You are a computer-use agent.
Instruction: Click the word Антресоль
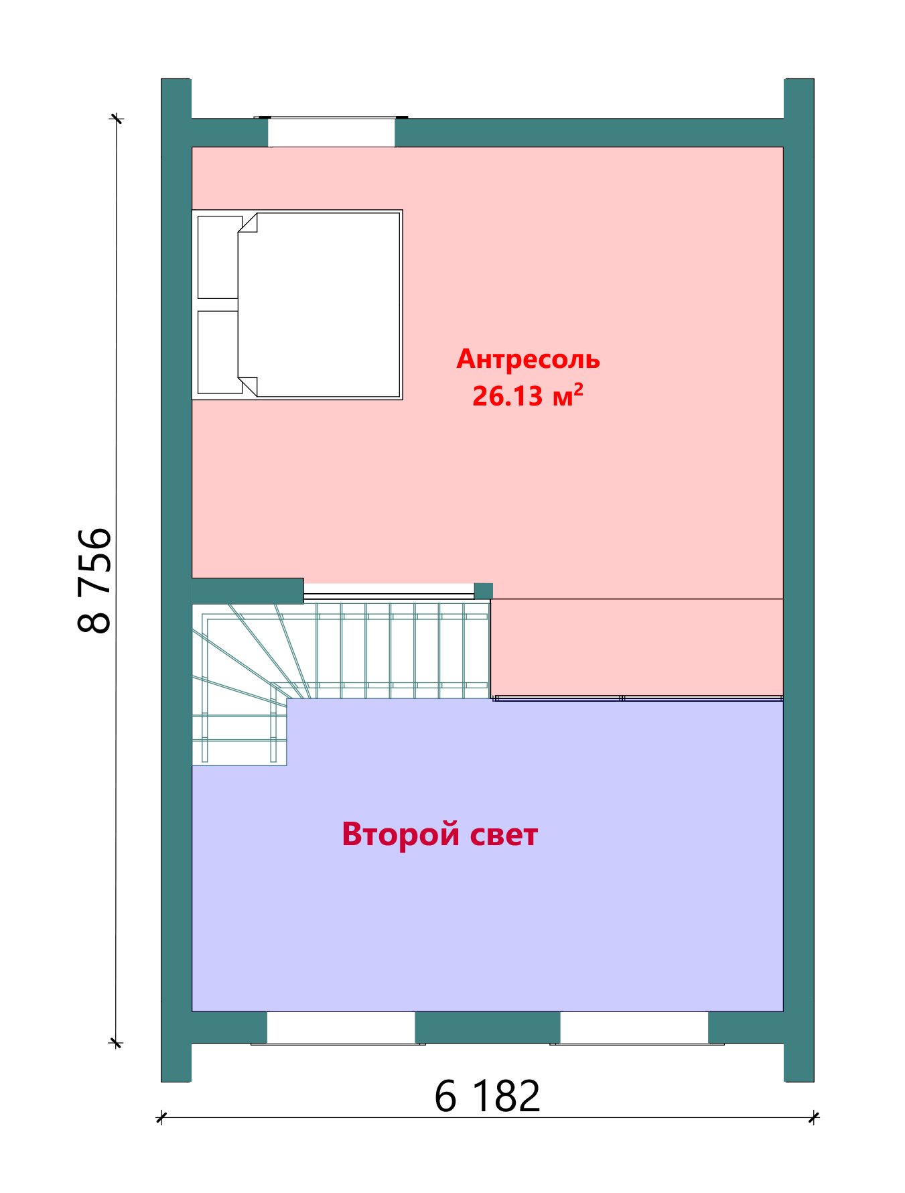528,360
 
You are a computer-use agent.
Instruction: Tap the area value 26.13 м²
528,395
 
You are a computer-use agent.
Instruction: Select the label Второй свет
440,834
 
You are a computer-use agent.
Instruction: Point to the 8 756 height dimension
94,580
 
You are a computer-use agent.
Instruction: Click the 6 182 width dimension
487,1096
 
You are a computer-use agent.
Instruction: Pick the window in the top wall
332,132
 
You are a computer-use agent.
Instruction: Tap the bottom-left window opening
341,1027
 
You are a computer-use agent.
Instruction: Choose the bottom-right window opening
634,1027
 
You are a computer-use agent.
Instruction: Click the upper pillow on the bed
219,257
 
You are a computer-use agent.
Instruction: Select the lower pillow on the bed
219,353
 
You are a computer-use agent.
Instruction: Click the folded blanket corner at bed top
249,223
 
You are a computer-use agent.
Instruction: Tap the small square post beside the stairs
484,591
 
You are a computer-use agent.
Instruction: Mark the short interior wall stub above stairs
248,591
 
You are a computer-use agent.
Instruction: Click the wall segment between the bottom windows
488,1027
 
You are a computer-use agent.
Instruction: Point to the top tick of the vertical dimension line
117,119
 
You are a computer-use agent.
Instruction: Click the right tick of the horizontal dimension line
814,1117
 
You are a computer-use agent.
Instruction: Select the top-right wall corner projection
799,99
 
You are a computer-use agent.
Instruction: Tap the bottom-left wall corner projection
176,1062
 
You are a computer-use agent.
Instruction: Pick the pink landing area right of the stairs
637,647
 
